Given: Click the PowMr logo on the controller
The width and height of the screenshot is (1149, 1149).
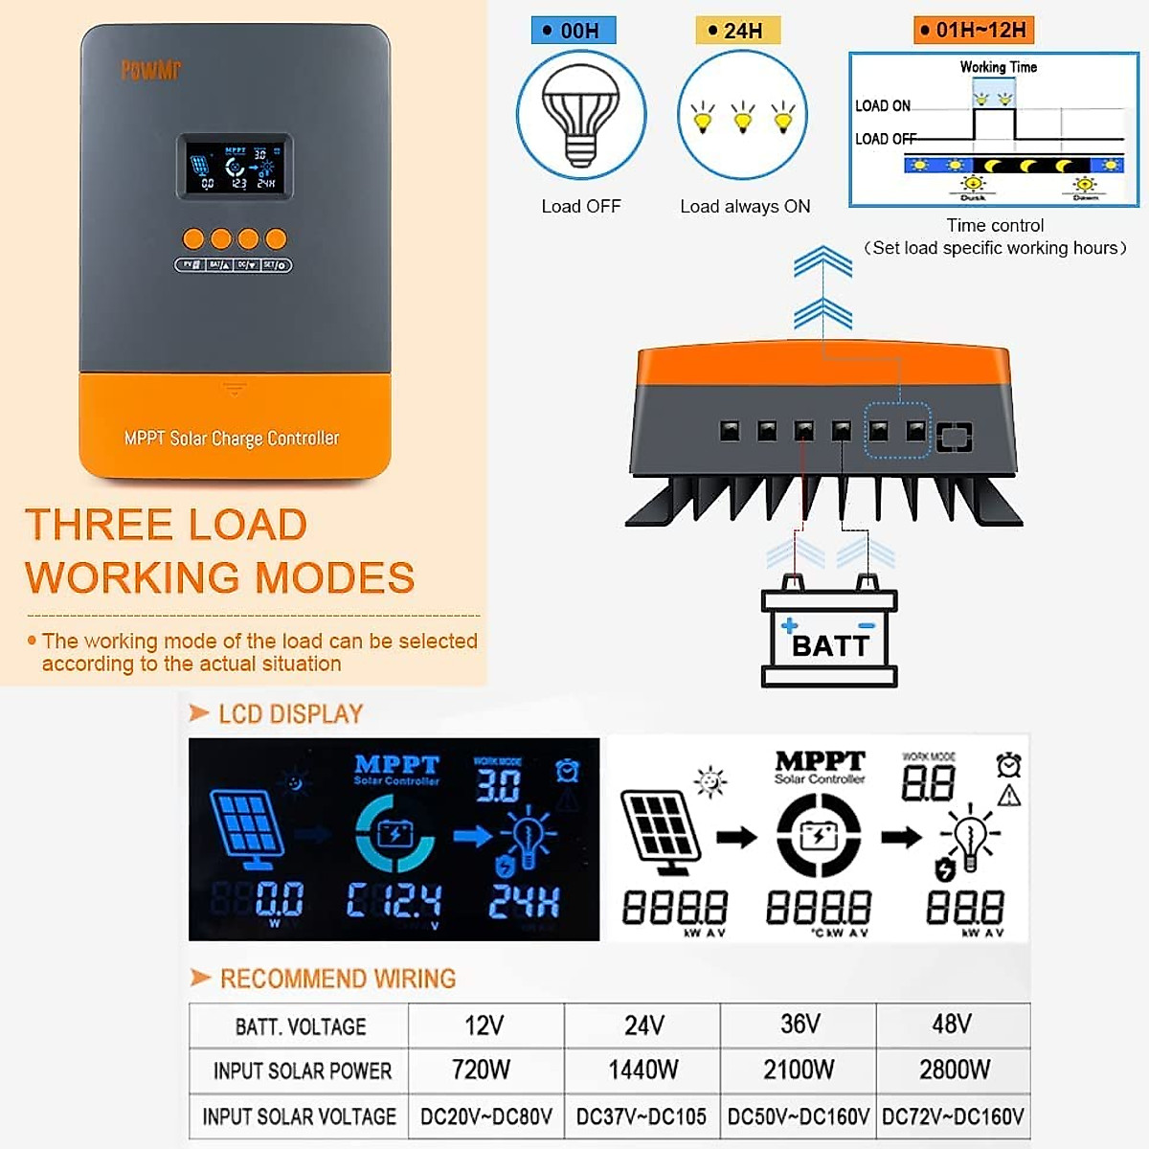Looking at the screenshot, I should point(150,70).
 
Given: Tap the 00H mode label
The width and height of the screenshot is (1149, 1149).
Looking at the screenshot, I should point(574,31).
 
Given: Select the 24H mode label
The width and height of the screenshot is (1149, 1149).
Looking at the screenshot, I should point(737,31).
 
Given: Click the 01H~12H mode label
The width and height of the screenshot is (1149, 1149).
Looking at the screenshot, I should point(974,31).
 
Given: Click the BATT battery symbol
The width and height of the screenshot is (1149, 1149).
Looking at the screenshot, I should point(829,637).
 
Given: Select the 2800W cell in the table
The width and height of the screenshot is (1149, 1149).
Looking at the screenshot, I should point(954,1070).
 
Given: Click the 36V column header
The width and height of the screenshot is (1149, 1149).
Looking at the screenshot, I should point(800,1025).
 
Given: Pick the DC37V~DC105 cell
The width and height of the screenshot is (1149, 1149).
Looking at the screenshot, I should point(642,1116).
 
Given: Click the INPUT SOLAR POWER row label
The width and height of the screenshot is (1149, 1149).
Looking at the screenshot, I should point(302,1070).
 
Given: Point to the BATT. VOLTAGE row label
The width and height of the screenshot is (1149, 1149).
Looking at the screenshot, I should point(301,1026).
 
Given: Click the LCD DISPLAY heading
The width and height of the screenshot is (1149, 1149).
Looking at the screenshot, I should point(290,714).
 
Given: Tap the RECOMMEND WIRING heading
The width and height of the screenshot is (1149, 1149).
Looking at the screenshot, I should point(337,979).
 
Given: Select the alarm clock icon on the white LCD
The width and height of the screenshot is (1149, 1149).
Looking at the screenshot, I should point(1008,765).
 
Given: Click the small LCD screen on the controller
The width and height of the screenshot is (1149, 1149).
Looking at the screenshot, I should point(235,167).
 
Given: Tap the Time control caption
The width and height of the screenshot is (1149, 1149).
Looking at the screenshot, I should point(995,226).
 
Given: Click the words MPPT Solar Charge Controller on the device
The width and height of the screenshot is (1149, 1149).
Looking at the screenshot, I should point(232,439).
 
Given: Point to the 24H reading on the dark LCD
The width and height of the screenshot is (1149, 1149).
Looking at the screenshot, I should point(524,901).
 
